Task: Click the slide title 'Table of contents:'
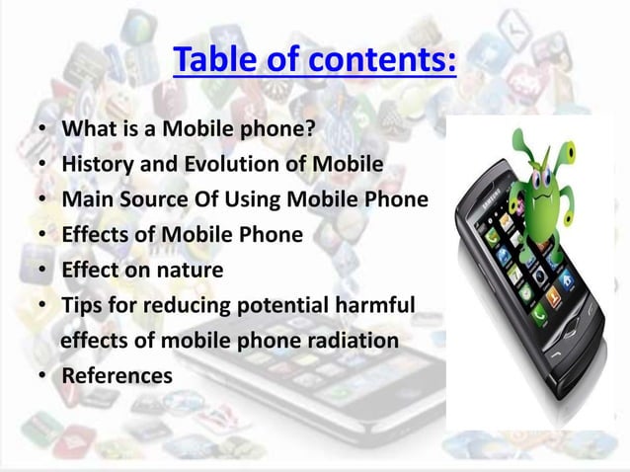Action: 314,60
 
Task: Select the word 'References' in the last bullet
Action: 117,376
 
